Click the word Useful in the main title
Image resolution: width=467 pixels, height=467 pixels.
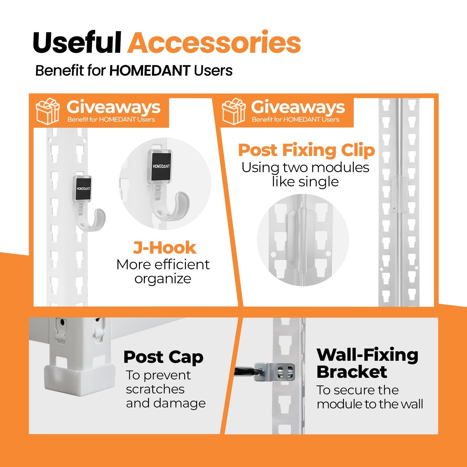point(77,43)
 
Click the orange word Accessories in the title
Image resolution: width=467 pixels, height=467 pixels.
point(214,43)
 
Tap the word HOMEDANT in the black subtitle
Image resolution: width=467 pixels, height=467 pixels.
point(150,71)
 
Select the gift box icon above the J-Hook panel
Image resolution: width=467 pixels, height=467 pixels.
point(48,111)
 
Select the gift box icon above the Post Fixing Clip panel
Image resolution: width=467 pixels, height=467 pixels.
point(233,111)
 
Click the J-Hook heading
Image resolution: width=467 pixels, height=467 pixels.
point(165,248)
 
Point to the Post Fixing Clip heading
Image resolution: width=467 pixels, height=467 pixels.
point(306,150)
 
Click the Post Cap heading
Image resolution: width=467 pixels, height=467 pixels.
point(163,357)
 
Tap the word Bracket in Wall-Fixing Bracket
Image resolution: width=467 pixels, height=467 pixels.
point(352,372)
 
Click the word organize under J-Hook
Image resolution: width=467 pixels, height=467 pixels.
point(163,279)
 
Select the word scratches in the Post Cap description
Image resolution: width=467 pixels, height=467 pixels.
point(155,389)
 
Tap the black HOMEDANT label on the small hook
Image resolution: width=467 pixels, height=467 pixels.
point(83,189)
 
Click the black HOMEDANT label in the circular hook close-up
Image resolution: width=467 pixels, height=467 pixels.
point(161,166)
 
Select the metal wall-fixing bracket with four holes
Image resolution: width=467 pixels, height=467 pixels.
point(274,372)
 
